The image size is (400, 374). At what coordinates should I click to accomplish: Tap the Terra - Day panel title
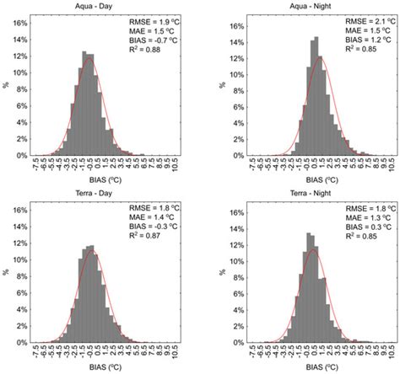pyautogui.click(x=104, y=195)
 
